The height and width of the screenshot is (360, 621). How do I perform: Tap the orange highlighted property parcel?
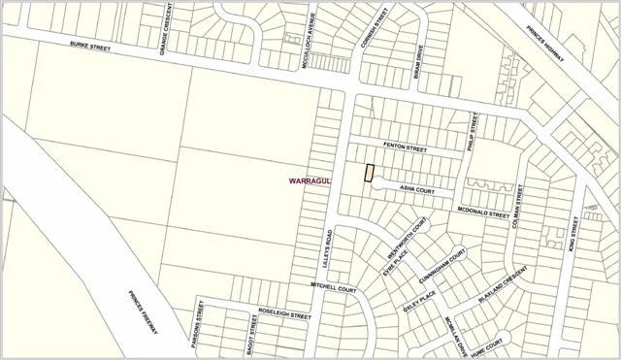[x=369, y=173]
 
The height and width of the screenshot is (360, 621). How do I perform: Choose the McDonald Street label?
[x=484, y=213]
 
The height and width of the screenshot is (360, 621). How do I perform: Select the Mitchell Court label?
[x=334, y=287]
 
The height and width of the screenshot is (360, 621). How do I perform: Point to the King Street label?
[x=573, y=235]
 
